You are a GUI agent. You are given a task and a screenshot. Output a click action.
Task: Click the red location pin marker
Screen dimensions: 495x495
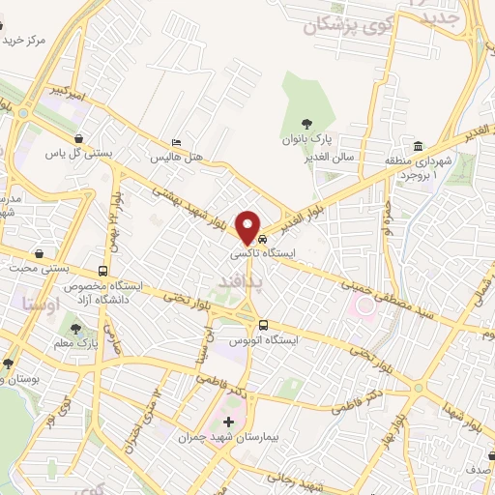(249, 225)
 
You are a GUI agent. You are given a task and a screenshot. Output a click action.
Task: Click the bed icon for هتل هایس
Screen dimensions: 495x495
(175, 141)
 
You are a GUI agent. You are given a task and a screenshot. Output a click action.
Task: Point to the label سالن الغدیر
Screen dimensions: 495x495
(335, 156)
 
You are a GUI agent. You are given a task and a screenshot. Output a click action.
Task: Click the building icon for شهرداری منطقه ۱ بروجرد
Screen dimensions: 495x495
(419, 146)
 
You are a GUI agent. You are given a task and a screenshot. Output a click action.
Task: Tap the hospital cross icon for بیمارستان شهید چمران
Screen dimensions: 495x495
(228, 422)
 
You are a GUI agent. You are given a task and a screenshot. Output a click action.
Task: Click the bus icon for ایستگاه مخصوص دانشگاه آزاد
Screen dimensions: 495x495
(103, 272)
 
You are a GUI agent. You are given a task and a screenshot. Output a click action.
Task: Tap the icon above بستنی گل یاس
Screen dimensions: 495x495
(77, 137)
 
